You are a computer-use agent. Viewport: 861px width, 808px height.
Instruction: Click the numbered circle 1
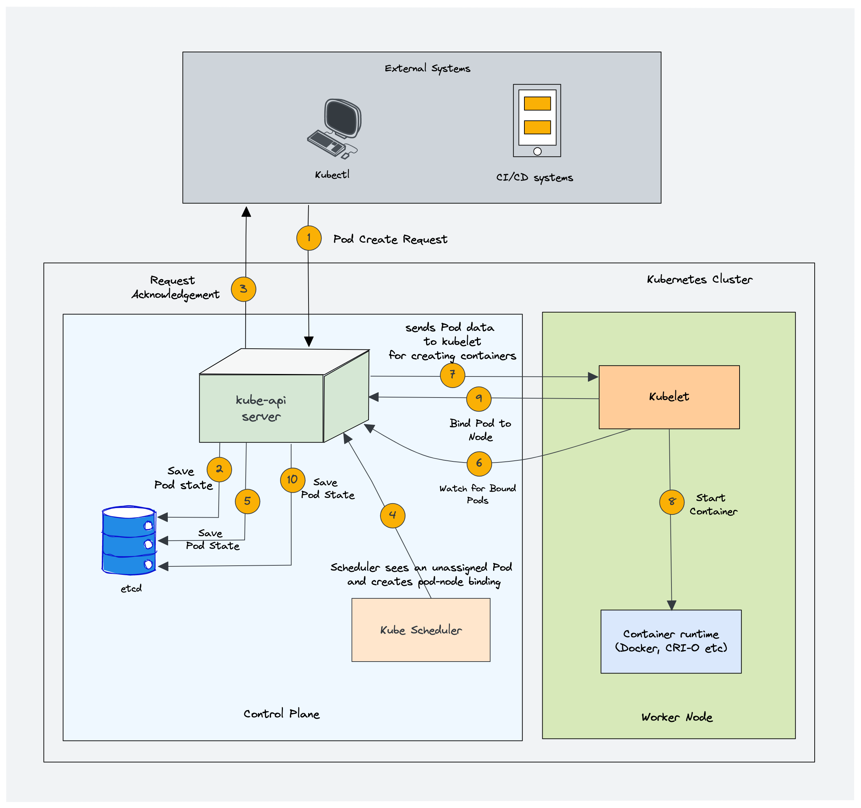(309, 238)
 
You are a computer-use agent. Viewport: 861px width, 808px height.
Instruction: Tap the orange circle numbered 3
(243, 289)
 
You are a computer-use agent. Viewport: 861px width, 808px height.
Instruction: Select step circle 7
(452, 375)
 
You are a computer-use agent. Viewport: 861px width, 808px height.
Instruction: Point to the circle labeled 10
(292, 480)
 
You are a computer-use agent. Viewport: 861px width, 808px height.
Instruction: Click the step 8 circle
(671, 502)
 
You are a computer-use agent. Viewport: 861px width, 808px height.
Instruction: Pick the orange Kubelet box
(669, 397)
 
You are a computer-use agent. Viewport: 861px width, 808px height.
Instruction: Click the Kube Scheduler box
(420, 630)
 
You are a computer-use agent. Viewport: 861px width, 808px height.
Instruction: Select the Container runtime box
(671, 641)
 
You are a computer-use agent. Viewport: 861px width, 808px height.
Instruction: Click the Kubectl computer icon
(335, 128)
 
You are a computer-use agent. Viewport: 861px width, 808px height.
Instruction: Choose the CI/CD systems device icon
(537, 120)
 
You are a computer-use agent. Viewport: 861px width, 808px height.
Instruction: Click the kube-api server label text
(261, 408)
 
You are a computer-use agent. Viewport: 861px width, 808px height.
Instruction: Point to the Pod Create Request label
(390, 239)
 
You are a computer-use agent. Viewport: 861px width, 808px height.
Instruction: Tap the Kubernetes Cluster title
(700, 280)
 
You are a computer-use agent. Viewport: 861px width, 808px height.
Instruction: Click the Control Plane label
(282, 714)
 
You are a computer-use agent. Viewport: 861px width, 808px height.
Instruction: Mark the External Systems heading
(427, 68)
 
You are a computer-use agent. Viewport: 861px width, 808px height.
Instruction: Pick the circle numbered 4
(392, 515)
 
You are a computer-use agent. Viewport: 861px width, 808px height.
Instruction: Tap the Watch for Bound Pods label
(477, 494)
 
